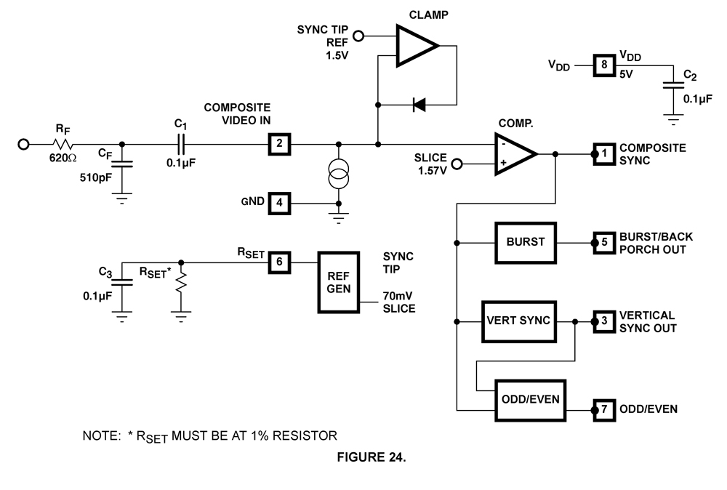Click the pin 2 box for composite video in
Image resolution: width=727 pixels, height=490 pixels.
pyautogui.click(x=279, y=144)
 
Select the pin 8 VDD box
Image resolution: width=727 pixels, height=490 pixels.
pyautogui.click(x=603, y=65)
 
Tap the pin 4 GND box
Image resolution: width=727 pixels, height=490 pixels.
pyautogui.click(x=279, y=203)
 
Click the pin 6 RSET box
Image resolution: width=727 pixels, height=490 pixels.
pyautogui.click(x=279, y=261)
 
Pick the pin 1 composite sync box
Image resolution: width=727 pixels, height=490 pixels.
pyautogui.click(x=603, y=154)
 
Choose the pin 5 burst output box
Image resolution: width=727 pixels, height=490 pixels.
pyautogui.click(x=603, y=242)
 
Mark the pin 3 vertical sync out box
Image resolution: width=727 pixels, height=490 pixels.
pyautogui.click(x=603, y=321)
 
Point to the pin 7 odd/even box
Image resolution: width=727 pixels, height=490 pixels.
pyautogui.click(x=603, y=409)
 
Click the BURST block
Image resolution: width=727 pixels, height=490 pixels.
pyautogui.click(x=525, y=242)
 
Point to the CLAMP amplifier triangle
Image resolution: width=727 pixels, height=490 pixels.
pyautogui.click(x=414, y=45)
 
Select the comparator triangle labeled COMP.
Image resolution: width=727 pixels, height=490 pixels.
pyautogui.click(x=513, y=154)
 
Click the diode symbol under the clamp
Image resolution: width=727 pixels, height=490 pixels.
pyautogui.click(x=419, y=105)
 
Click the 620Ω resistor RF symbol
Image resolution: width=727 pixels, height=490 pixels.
pyautogui.click(x=62, y=144)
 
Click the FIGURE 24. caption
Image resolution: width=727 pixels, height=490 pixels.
pyautogui.click(x=379, y=457)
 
